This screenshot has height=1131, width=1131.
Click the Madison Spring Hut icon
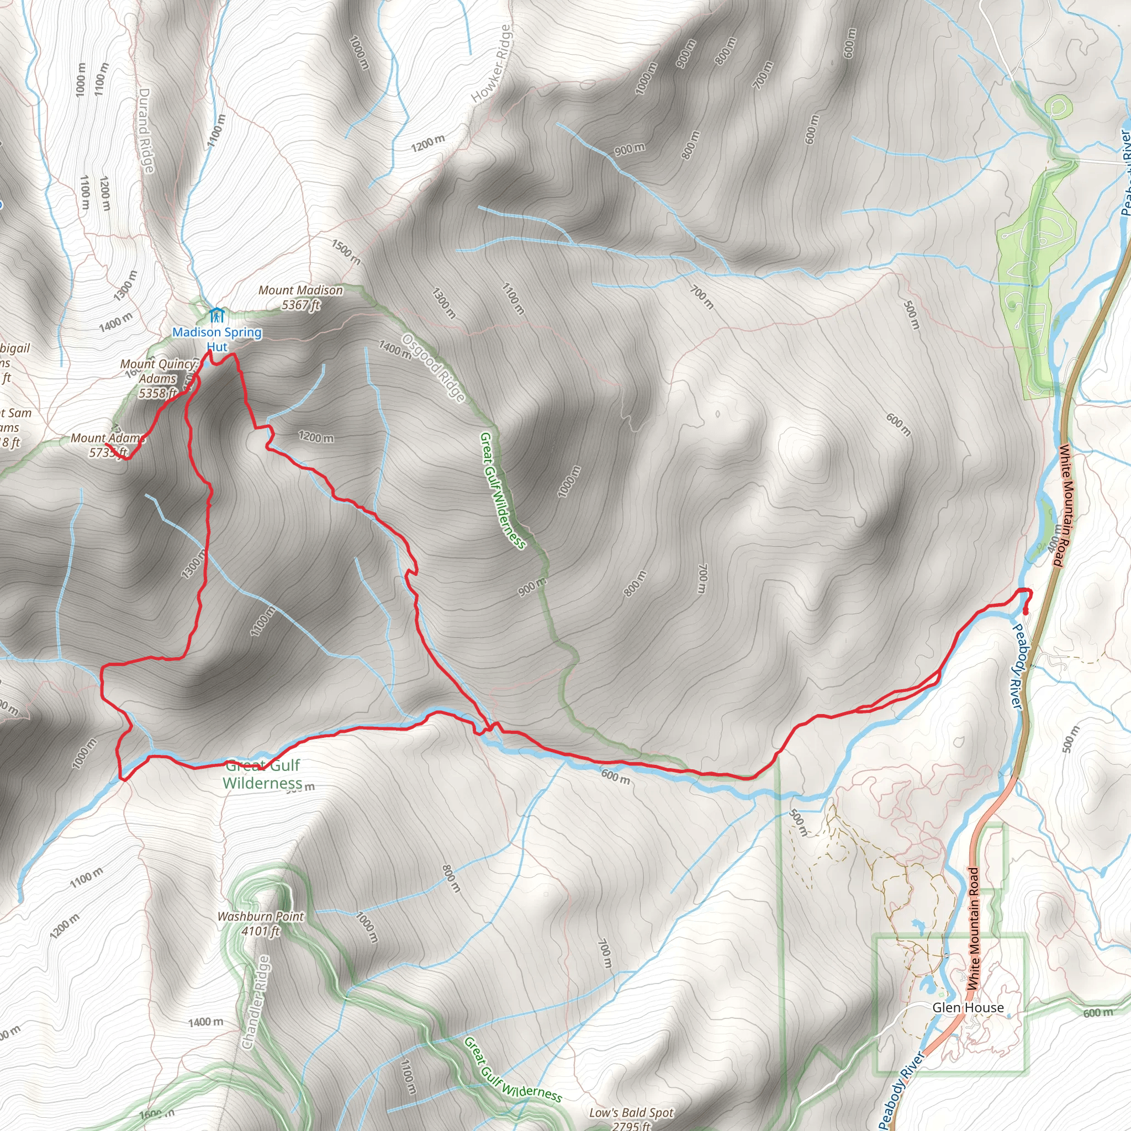tap(216, 315)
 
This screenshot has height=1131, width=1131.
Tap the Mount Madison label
tap(300, 298)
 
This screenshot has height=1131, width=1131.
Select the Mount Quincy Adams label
tap(158, 378)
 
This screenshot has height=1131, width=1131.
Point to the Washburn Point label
tap(261, 923)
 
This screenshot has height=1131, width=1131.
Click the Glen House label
tap(968, 1007)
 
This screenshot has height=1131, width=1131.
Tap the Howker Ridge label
tap(492, 65)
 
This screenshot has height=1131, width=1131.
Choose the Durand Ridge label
tap(146, 130)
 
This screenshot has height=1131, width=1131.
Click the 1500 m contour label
tap(346, 252)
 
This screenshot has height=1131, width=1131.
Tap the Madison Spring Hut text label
tap(216, 339)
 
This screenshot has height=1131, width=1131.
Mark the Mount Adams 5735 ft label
tap(108, 445)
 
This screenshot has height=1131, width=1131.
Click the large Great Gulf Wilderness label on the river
tap(263, 774)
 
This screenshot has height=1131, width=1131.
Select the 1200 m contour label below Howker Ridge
tap(427, 143)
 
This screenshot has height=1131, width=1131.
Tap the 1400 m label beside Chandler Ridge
tap(205, 1022)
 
